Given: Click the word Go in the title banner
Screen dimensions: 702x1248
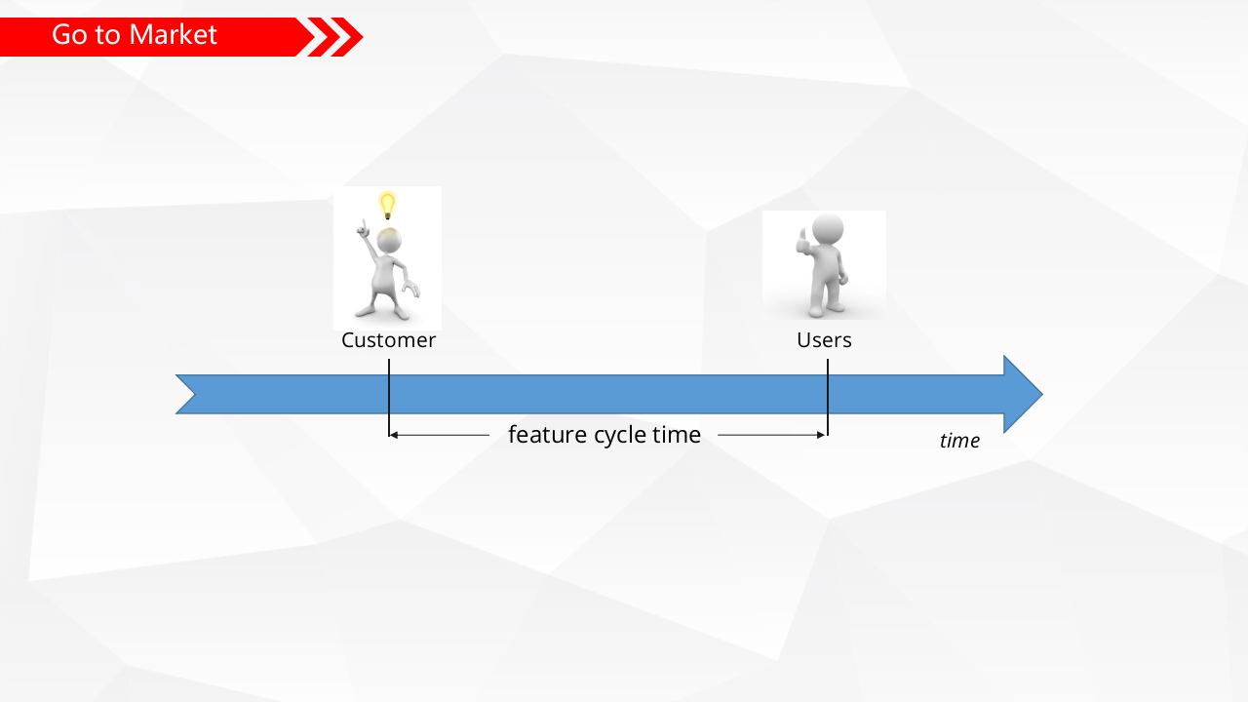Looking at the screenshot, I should click(x=69, y=35).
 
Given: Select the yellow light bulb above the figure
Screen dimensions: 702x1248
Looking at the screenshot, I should click(x=387, y=205).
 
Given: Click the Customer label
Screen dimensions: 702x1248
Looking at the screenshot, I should click(x=388, y=340).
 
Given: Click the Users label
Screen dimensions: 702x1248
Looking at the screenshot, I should click(x=824, y=340).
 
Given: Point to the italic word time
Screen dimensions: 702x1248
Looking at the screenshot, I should click(x=959, y=441).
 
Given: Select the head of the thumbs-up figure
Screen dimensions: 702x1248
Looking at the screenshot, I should click(x=828, y=231).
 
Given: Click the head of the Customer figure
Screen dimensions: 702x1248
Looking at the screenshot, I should click(x=390, y=240).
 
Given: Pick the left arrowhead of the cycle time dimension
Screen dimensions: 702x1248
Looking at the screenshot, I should click(x=394, y=435).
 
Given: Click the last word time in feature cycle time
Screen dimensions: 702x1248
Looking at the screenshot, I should click(x=677, y=435).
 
